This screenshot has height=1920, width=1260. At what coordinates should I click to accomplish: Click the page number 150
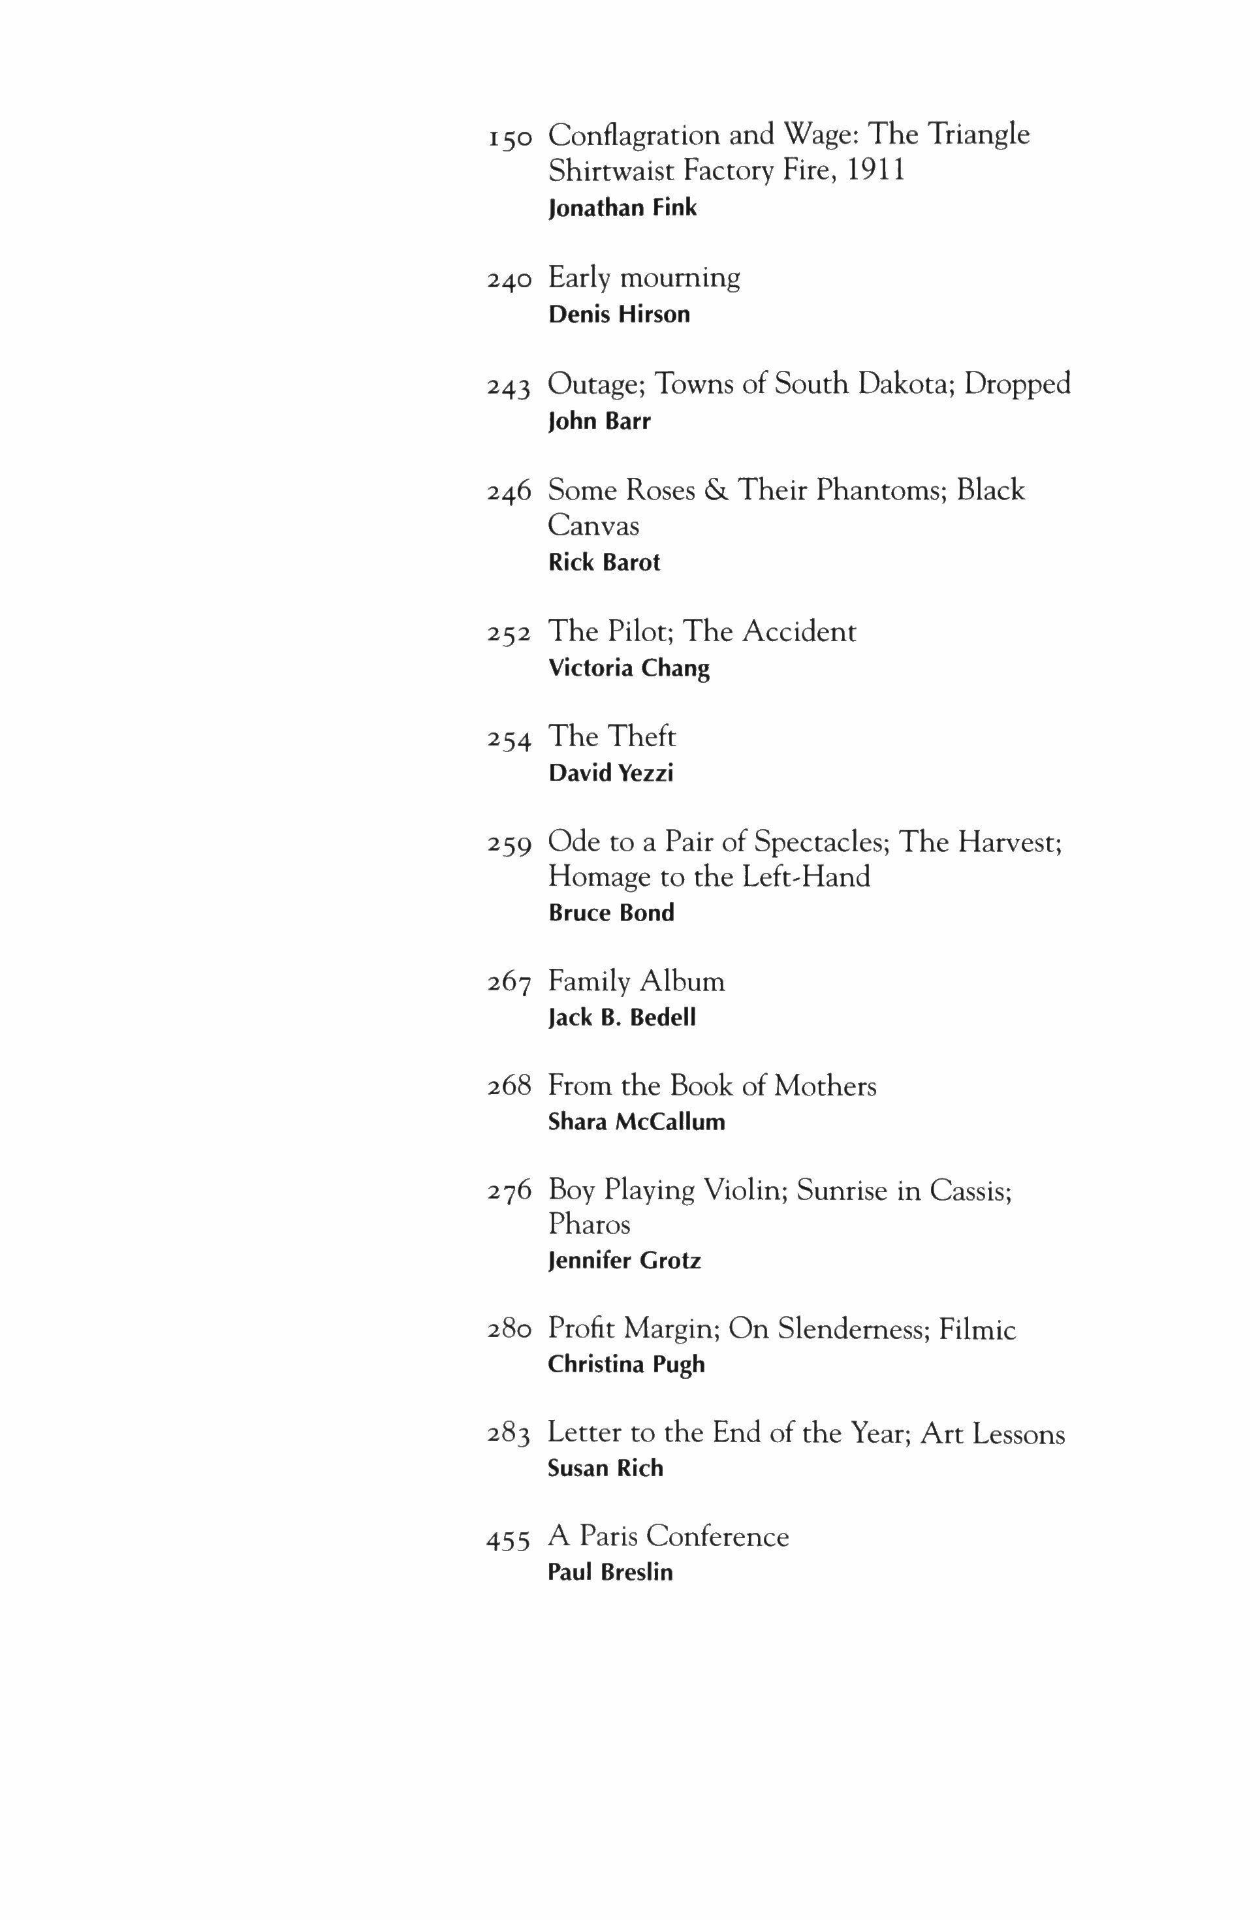[510, 138]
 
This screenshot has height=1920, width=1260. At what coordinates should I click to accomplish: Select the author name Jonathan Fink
[622, 208]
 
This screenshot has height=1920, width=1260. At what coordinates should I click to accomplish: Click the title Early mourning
[644, 278]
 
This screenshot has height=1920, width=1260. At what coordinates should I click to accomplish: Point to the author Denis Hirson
[619, 315]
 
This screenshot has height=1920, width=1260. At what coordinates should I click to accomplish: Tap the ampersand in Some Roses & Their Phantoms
[716, 490]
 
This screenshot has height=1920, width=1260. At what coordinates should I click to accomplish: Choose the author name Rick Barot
[603, 562]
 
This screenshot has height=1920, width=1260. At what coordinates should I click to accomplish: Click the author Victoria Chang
[629, 668]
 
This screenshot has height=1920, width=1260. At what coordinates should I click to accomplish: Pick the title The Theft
[612, 736]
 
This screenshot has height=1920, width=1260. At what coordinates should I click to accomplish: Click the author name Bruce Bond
[610, 913]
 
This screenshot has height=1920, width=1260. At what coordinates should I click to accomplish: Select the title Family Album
[637, 982]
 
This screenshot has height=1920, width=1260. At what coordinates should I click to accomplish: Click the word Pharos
[589, 1225]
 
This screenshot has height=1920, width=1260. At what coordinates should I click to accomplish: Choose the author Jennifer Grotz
[624, 1260]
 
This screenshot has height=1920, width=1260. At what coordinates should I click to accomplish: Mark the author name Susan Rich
[605, 1468]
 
